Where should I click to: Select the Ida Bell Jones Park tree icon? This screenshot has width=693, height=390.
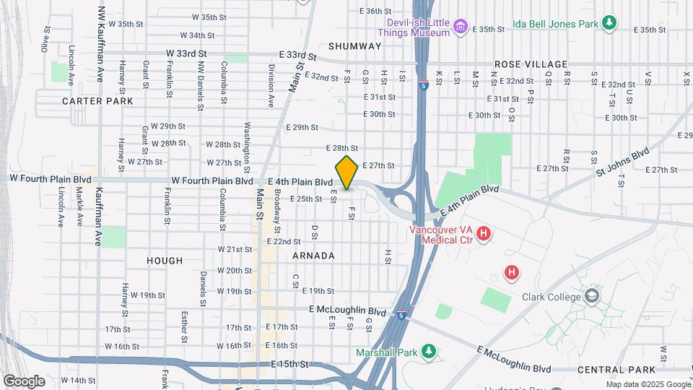[610, 23]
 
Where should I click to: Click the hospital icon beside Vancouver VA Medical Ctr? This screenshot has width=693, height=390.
[484, 234]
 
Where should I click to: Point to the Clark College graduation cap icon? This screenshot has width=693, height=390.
[593, 296]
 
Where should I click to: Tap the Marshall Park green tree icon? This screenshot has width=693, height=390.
[429, 352]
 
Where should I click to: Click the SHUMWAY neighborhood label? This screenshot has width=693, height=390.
[354, 46]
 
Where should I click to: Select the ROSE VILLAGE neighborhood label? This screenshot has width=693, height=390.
[531, 64]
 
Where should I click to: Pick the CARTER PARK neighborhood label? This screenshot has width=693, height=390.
[97, 101]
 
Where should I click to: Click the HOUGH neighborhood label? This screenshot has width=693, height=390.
[165, 260]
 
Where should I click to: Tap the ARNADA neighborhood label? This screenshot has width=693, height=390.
[313, 256]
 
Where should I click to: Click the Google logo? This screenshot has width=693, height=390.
[24, 381]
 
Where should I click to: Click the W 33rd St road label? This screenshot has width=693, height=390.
[186, 53]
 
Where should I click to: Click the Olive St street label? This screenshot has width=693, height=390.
[47, 40]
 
